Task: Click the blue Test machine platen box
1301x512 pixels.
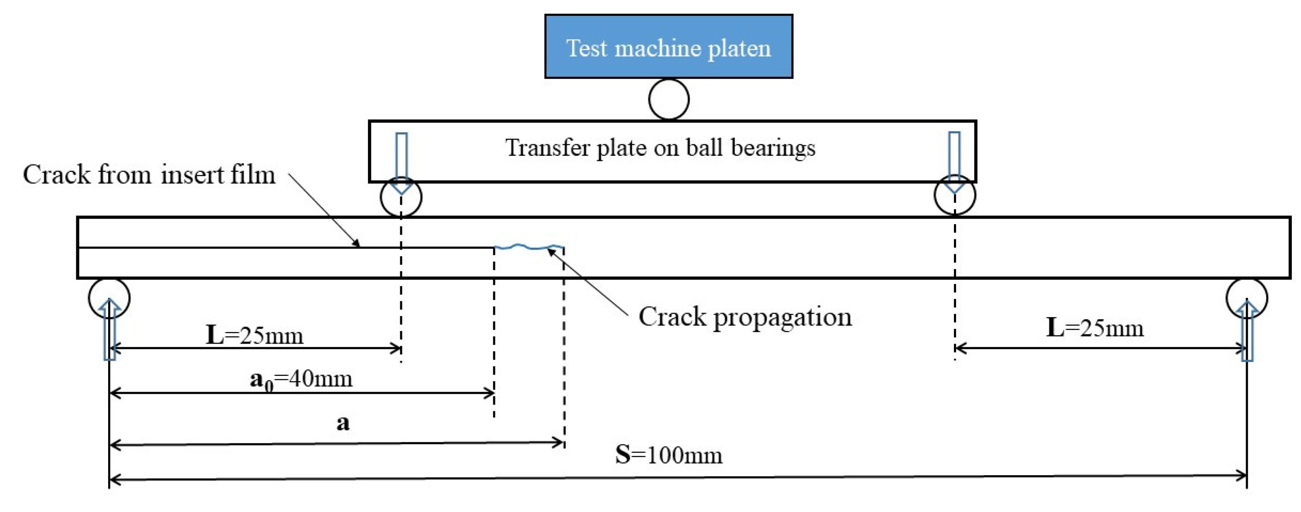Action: (x=668, y=47)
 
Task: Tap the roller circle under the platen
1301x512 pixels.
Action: (x=669, y=99)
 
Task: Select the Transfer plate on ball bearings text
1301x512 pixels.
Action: (x=660, y=148)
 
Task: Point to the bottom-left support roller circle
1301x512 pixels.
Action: (x=109, y=298)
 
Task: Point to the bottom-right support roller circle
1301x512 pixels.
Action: (x=1247, y=298)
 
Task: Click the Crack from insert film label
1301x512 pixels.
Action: (x=149, y=175)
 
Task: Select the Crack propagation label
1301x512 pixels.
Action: (x=745, y=317)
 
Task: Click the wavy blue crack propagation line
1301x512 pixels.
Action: (x=529, y=247)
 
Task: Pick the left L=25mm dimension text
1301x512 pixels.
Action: (x=254, y=335)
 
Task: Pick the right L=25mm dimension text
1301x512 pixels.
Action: (x=1094, y=328)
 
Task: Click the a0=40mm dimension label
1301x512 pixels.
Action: (x=301, y=379)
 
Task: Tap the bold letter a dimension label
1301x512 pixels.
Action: (x=343, y=423)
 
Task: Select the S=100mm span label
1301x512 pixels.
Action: (x=669, y=455)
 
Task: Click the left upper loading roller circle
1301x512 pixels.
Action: (x=401, y=197)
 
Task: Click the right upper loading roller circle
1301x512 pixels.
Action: (x=954, y=195)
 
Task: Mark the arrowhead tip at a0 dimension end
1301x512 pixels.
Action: (x=493, y=393)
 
